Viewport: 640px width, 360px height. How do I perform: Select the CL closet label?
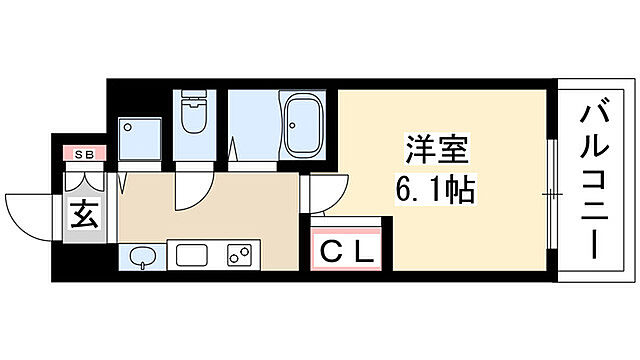pyautogui.click(x=347, y=252)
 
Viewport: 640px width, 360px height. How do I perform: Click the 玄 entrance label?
pyautogui.click(x=85, y=213)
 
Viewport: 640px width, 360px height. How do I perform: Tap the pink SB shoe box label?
pyautogui.click(x=85, y=155)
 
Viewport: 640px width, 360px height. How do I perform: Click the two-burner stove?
pyautogui.click(x=240, y=256)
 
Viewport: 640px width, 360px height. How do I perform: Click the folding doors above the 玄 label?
pyautogui.click(x=85, y=183)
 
